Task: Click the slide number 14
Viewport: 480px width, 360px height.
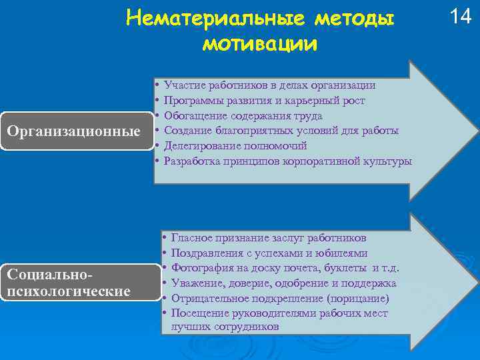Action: pos(460,17)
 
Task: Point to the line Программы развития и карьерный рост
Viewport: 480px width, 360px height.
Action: pos(264,100)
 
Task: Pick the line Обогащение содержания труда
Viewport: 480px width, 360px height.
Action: pos(243,115)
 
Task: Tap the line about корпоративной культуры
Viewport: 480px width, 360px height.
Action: pos(287,161)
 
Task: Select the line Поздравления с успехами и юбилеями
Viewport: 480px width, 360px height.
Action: pos(269,253)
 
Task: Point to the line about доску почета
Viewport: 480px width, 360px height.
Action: pos(285,268)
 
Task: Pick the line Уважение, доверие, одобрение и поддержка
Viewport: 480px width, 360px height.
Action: pos(284,283)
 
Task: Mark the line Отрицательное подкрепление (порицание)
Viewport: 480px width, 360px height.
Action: pos(280,299)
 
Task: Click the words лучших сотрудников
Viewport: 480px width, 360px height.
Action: pos(225,327)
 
